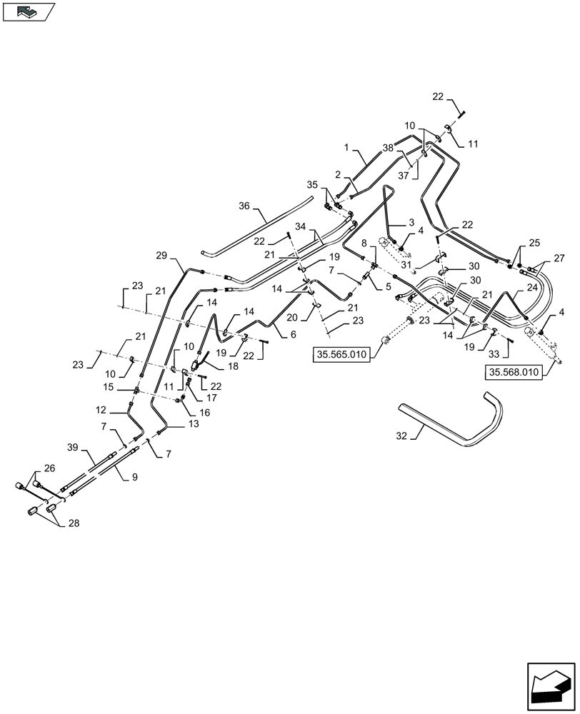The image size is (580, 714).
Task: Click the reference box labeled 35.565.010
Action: point(341,355)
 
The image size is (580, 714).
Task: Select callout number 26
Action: point(48,468)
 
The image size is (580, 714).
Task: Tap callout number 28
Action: point(74,523)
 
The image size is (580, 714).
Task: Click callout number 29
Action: point(161,255)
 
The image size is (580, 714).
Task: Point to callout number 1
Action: point(346,147)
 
